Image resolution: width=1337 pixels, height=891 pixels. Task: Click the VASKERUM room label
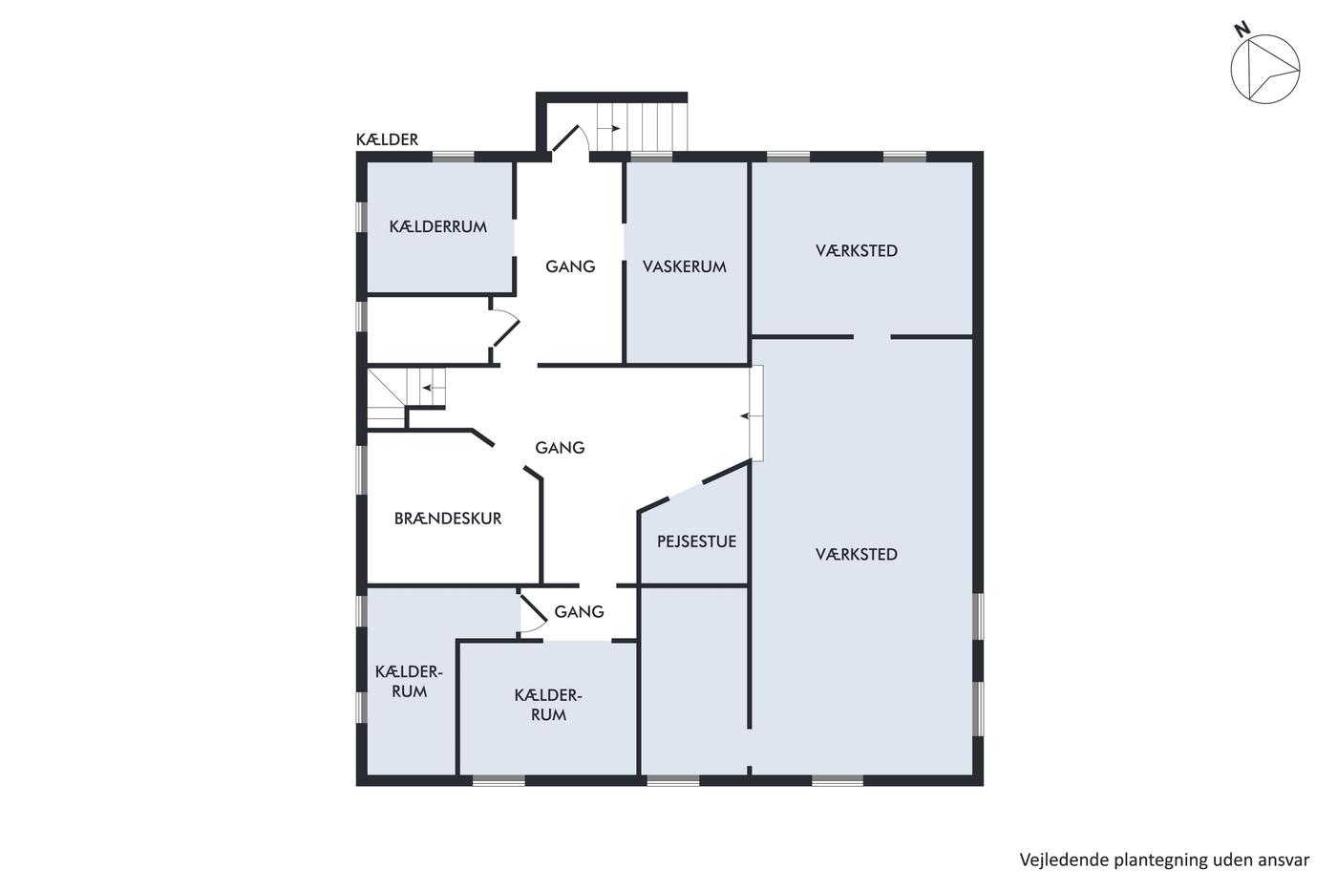pyautogui.click(x=684, y=266)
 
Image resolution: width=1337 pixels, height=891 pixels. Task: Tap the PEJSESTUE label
pyautogui.click(x=696, y=541)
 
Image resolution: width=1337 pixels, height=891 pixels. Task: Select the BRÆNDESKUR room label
pyautogui.click(x=448, y=518)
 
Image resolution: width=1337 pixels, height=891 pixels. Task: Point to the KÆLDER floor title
pyautogui.click(x=387, y=139)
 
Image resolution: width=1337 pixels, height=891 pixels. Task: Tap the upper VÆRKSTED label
pyautogui.click(x=856, y=250)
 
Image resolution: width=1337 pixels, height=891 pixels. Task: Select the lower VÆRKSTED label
pyautogui.click(x=856, y=555)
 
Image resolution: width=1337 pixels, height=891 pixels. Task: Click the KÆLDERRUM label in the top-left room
pyautogui.click(x=438, y=226)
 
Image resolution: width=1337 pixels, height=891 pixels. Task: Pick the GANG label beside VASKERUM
pyautogui.click(x=570, y=266)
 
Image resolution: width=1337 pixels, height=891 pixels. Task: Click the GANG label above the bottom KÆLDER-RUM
pyautogui.click(x=579, y=612)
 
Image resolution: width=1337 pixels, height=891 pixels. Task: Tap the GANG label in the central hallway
pyautogui.click(x=560, y=448)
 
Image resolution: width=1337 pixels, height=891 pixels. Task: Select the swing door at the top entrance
pyautogui.click(x=570, y=138)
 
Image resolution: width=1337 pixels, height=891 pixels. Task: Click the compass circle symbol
pyautogui.click(x=1265, y=69)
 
